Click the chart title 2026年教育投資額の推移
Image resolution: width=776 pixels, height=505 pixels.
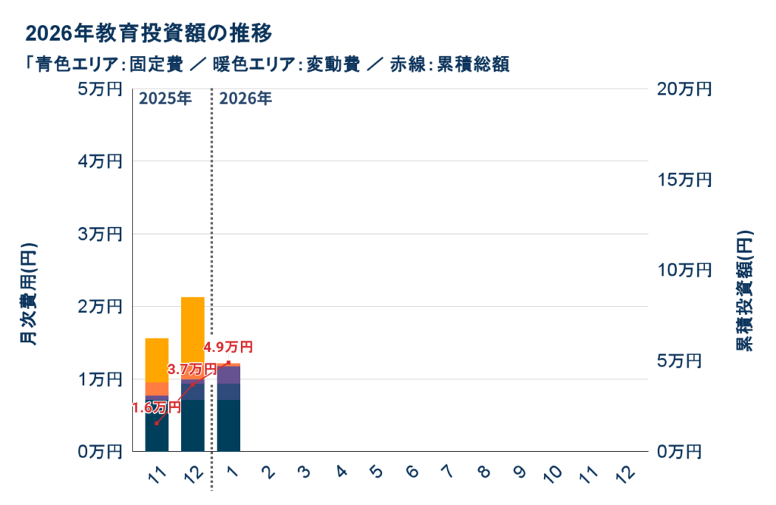tap(149, 34)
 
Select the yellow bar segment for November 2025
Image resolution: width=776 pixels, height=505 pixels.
tap(157, 360)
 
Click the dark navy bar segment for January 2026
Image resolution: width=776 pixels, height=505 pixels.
tap(229, 425)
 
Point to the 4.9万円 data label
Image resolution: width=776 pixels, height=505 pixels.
tap(228, 348)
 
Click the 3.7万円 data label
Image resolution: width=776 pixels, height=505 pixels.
tap(191, 369)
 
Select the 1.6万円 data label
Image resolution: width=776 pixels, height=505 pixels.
tap(156, 407)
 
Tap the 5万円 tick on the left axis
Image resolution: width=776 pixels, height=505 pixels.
tap(99, 89)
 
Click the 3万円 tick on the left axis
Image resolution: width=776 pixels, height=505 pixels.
tap(99, 235)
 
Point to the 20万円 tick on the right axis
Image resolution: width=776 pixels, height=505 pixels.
tap(684, 89)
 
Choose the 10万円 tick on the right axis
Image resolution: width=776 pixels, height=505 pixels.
tap(684, 270)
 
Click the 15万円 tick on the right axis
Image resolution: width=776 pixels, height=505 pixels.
tap(684, 180)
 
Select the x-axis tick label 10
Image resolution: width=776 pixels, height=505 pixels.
tap(553, 475)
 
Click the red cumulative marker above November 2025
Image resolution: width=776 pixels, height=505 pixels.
tap(156, 423)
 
